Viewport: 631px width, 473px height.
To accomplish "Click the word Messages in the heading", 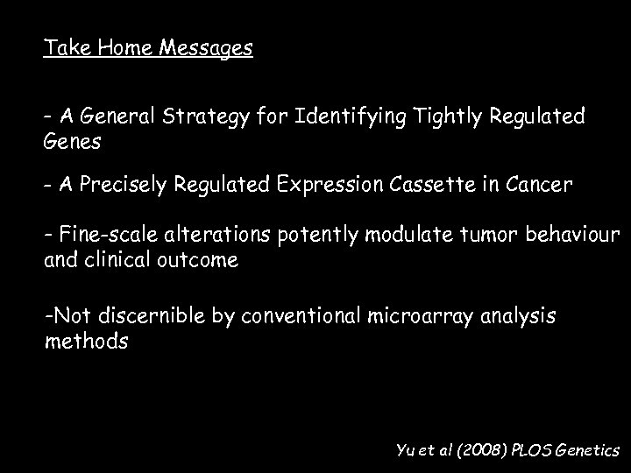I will point(206,48).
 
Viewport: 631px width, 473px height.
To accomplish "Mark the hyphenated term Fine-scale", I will point(99,236).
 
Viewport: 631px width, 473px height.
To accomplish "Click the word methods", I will point(86,340).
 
